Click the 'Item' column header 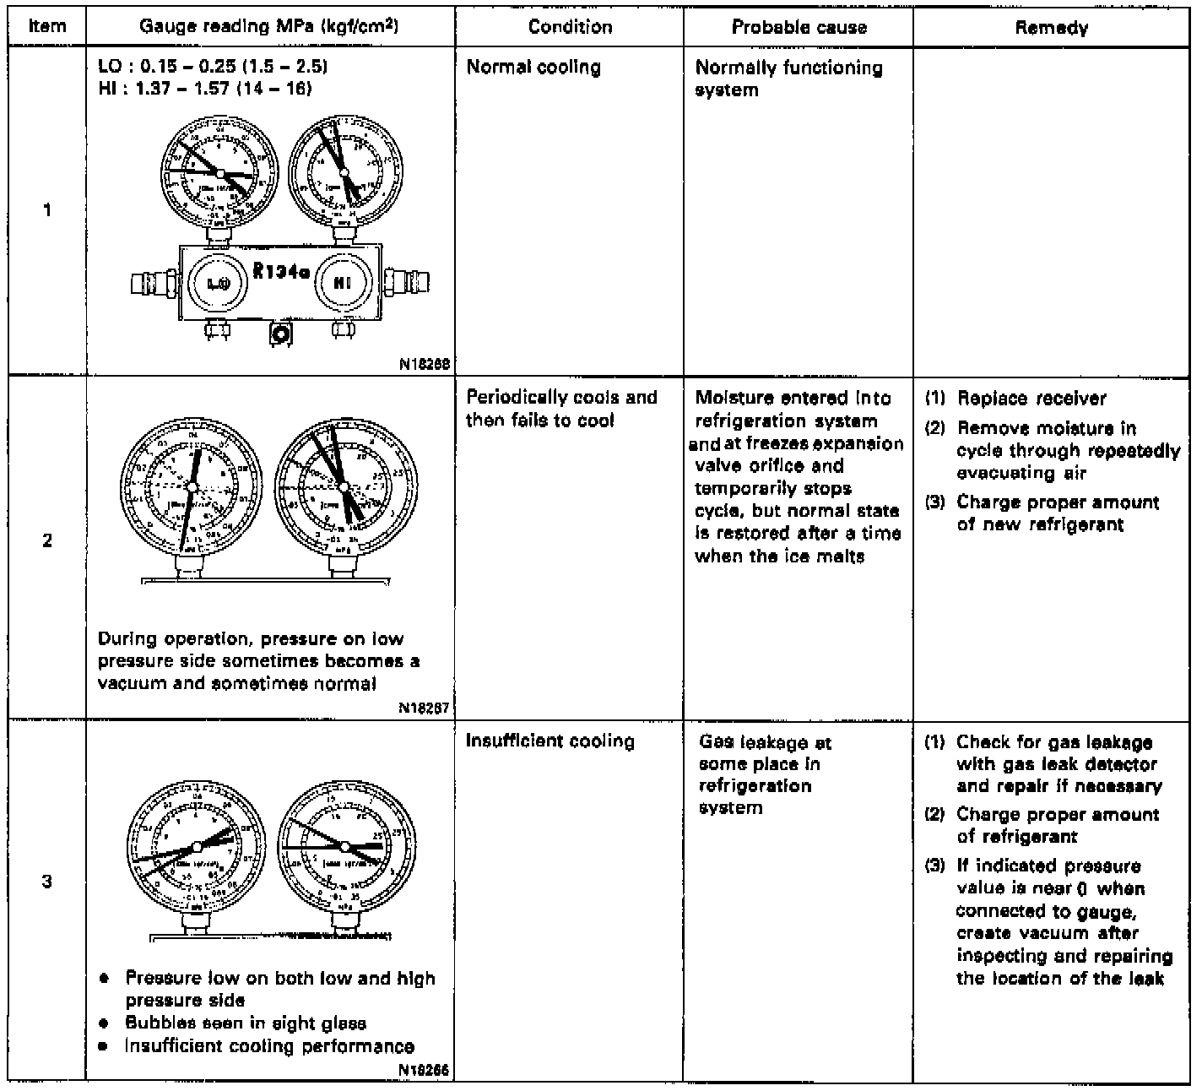46,26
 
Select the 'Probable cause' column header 799,27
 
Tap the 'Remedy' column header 1051,28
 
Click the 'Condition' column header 570,27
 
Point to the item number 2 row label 47,540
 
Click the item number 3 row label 47,882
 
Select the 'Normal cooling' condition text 533,68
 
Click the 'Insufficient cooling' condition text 550,741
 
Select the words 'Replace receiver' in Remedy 1031,399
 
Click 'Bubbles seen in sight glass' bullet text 246,1023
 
